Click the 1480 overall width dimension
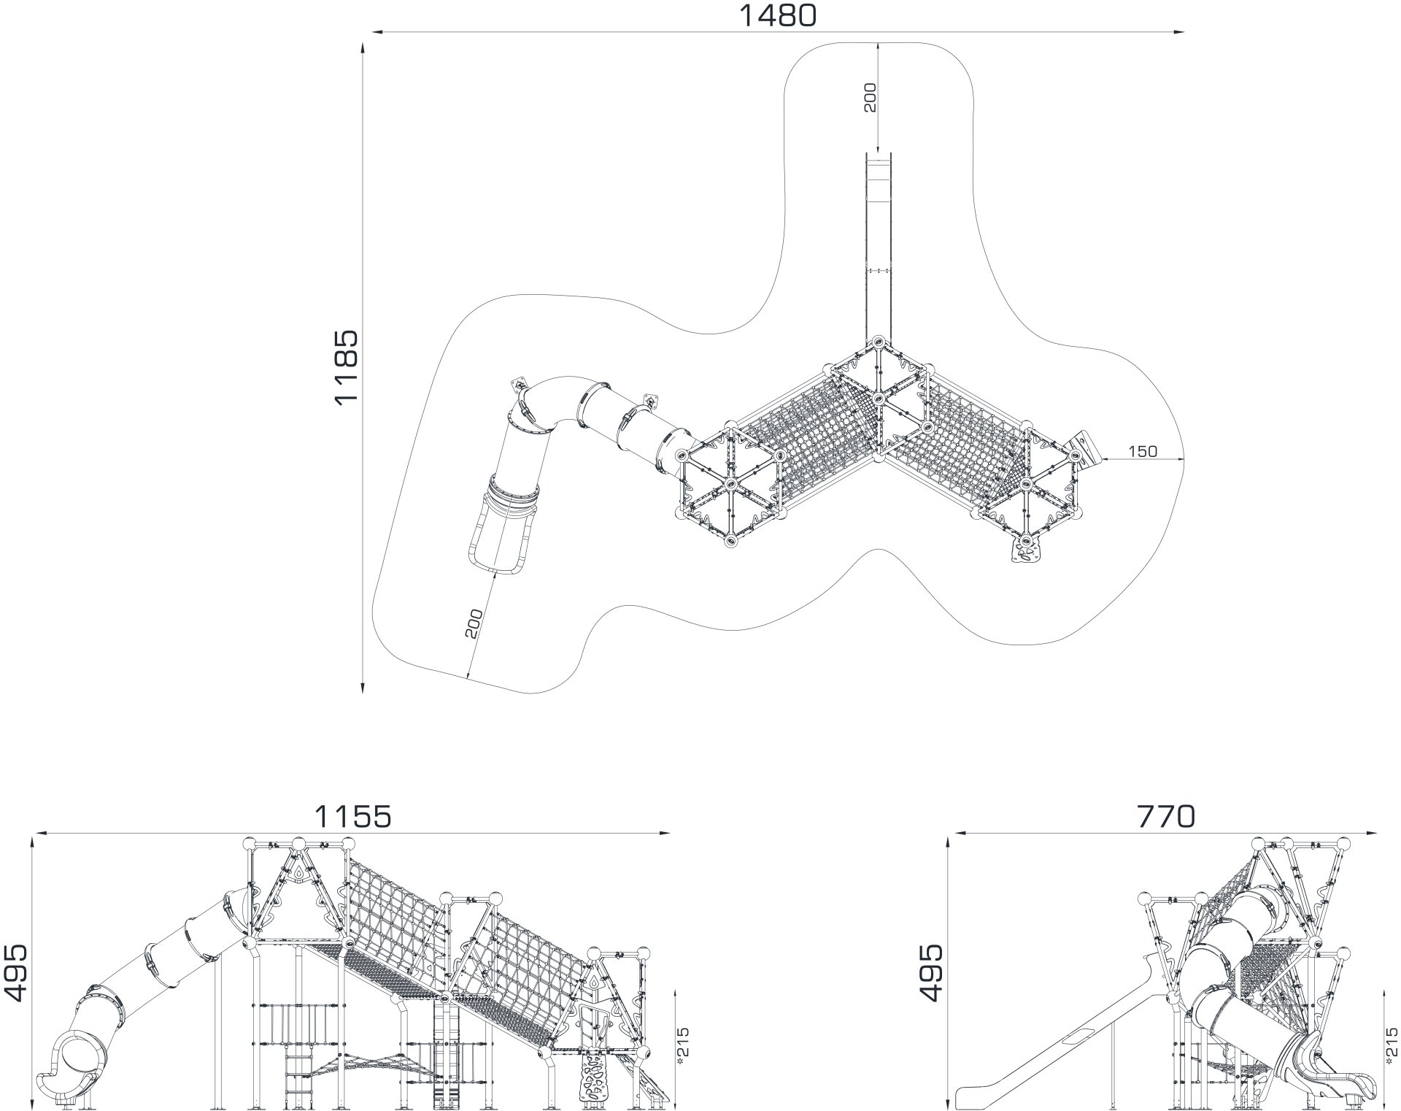tap(778, 15)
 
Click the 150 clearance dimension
tap(1143, 452)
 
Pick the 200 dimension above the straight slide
tap(870, 97)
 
